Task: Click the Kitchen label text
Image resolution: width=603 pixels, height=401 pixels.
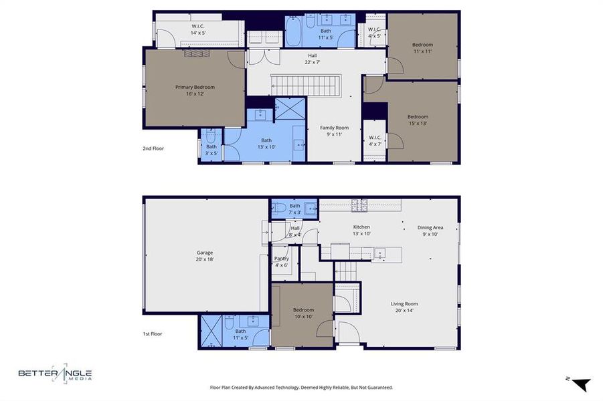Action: tap(361, 227)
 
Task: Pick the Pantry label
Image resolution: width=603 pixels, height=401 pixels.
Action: tap(281, 261)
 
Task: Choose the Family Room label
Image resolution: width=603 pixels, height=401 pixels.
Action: tap(334, 131)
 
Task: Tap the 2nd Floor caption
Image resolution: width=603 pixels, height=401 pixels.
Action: tap(153, 148)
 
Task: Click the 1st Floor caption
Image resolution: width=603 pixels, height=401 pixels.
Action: tap(153, 333)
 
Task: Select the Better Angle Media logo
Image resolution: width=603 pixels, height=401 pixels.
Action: tap(55, 374)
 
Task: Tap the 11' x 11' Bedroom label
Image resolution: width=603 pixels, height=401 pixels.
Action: tap(422, 49)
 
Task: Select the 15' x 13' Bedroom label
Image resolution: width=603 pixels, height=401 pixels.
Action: tap(418, 120)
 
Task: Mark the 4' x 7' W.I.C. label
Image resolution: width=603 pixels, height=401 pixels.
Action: tap(374, 141)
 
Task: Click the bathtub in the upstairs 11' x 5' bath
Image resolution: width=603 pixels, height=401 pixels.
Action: tap(294, 32)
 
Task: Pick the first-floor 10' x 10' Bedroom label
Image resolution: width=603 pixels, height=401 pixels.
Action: tap(303, 313)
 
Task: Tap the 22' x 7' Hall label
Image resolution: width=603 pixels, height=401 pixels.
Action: tap(313, 59)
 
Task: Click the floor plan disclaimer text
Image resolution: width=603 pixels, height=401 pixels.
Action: tap(301, 387)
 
